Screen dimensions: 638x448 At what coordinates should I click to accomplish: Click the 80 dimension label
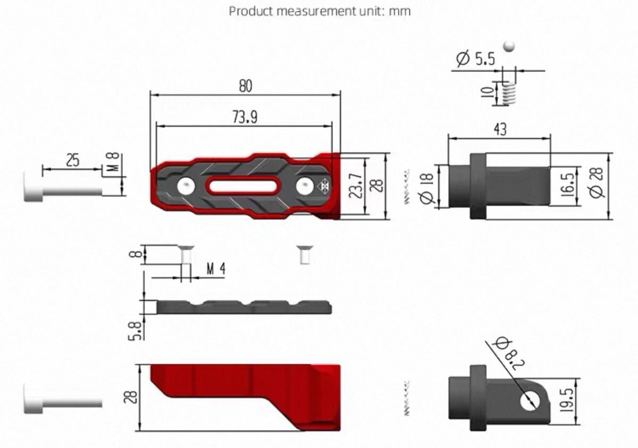246,86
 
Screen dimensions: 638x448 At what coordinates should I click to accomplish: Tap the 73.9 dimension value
245,117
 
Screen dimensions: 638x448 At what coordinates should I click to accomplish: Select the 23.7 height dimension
356,185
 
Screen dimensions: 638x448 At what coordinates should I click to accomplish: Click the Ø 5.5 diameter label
475,58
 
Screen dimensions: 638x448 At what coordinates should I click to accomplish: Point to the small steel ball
509,46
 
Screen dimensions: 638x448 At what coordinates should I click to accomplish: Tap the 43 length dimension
500,129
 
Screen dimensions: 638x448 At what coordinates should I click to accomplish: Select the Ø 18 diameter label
427,188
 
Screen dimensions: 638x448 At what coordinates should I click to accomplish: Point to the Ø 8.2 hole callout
510,354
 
